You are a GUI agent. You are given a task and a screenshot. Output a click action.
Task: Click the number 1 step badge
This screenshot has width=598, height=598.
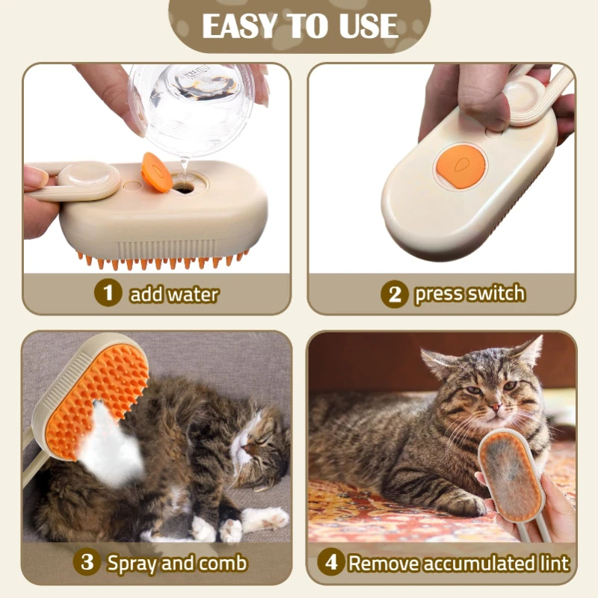pos(108,293)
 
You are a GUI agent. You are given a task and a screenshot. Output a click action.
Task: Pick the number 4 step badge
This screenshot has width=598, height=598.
pos(330,562)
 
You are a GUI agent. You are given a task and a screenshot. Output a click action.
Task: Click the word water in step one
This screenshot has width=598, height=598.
pos(192,294)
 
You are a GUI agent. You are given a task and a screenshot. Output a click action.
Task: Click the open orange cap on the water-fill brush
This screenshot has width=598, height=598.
pos(155,172)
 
